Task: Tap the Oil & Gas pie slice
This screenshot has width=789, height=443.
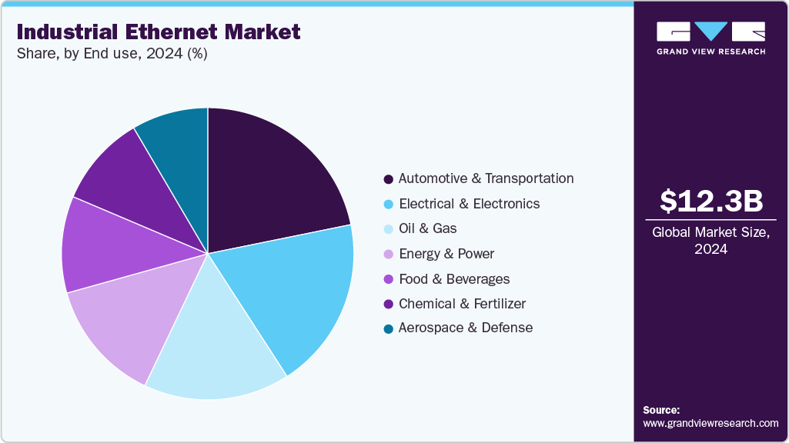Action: tap(216, 346)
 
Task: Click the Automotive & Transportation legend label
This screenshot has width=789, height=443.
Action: tap(486, 178)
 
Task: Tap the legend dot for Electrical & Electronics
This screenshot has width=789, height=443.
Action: tap(389, 205)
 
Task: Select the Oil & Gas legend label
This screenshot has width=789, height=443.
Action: tap(427, 228)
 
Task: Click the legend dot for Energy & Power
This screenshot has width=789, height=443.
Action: tap(389, 255)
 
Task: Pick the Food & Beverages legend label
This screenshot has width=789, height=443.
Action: tap(453, 278)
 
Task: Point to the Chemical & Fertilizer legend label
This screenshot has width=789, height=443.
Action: tap(462, 304)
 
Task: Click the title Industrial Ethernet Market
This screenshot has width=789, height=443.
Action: tap(158, 32)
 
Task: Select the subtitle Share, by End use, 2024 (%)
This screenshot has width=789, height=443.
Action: tap(112, 54)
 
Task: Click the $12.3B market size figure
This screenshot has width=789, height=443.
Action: tap(710, 202)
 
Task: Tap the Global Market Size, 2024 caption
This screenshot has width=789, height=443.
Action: tap(710, 240)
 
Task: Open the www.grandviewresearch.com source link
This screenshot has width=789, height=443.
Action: tap(710, 423)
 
